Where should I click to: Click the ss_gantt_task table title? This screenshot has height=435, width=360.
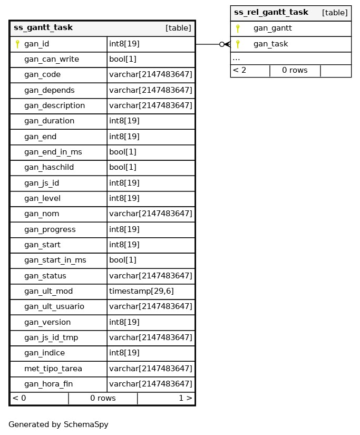tap(43, 28)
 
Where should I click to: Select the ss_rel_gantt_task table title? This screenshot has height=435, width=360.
tap(271, 13)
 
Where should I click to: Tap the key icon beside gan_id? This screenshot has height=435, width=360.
tap(17, 44)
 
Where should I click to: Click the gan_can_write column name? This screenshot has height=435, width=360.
tap(51, 60)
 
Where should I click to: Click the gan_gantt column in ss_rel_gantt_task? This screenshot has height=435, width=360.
tap(273, 28)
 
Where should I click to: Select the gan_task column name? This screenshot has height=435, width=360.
tap(270, 44)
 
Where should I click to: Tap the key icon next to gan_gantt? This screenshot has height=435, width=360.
tap(238, 28)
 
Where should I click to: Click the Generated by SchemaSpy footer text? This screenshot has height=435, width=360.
tap(59, 424)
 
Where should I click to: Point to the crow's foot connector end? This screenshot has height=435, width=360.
tap(226, 44)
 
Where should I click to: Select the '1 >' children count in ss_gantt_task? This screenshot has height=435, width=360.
tap(185, 399)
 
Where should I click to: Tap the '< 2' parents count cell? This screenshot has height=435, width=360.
tap(240, 71)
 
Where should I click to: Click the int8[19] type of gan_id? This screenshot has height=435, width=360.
tap(124, 44)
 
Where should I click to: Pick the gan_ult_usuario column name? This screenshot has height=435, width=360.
tap(54, 307)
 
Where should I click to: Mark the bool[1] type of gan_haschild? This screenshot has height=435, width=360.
tap(123, 168)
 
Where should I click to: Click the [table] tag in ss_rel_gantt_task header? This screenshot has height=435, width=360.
tap(335, 13)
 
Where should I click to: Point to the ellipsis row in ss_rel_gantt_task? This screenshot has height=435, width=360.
tap(237, 59)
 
